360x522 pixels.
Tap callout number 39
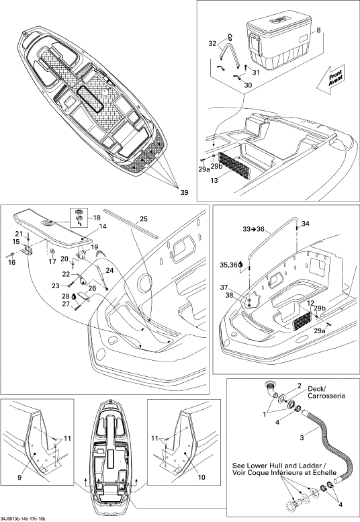coord(184,192)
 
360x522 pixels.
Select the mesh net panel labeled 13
coord(234,166)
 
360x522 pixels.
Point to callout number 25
coord(144,219)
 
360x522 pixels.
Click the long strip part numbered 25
coord(130,224)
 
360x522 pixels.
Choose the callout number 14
coord(103,226)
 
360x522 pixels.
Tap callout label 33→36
coord(253,229)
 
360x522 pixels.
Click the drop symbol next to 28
coord(74,296)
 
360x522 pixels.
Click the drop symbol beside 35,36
coord(241,265)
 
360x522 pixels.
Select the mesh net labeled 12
coord(303,321)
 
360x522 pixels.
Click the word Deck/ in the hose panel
coord(317,389)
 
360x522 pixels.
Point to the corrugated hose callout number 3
coord(302,438)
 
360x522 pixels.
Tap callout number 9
coord(19,478)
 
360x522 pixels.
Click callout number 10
coord(201,477)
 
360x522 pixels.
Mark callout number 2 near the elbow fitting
coord(299,386)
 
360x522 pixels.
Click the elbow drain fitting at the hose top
coord(271,390)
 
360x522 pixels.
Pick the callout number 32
coord(213,43)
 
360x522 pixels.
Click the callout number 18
coord(97,218)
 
